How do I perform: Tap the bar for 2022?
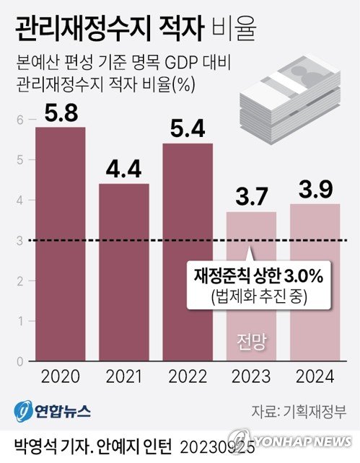(x=188, y=252)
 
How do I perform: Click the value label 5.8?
(x=60, y=113)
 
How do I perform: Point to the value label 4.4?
(x=123, y=170)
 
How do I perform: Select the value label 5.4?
(x=188, y=130)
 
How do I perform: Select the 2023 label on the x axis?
(x=251, y=376)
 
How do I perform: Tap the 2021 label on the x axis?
(x=123, y=376)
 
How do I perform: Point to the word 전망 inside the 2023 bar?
(x=251, y=341)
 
